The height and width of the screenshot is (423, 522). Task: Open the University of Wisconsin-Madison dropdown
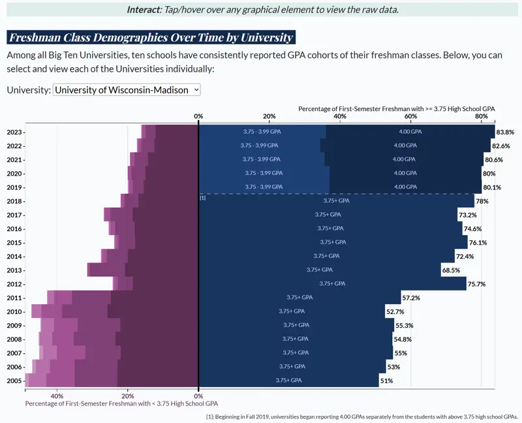[127, 90]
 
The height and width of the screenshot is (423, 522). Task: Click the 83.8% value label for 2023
[504, 132]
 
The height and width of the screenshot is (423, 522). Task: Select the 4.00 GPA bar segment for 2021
[405, 159]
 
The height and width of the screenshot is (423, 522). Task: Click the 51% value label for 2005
[386, 381]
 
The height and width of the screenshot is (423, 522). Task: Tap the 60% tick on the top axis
[410, 116]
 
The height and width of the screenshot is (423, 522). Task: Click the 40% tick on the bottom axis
[57, 396]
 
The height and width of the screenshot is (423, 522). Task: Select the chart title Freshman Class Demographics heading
[151, 38]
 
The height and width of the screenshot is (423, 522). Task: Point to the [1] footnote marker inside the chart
[203, 197]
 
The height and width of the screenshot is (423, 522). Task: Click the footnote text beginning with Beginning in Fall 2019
[361, 416]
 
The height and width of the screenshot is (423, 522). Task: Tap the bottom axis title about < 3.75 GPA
[121, 404]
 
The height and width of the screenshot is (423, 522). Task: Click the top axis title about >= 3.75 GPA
[396, 108]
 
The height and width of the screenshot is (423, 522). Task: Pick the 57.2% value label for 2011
[411, 298]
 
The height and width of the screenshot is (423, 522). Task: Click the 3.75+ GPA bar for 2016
[330, 228]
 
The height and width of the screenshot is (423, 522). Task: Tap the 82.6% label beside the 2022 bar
[500, 146]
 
